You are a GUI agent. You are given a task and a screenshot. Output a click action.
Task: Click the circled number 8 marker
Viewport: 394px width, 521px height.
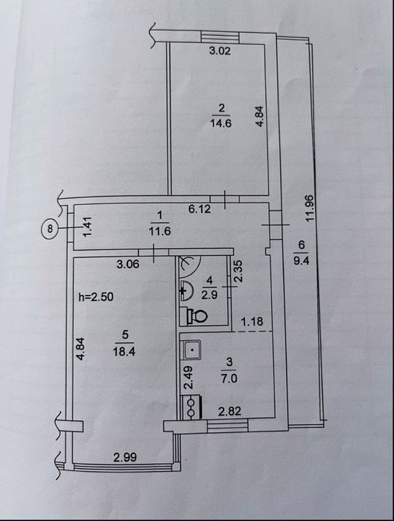pos(50,228)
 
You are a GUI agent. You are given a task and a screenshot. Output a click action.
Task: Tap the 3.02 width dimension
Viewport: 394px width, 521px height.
pos(220,51)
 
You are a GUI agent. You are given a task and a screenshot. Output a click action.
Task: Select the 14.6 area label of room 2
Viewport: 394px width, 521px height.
pos(220,123)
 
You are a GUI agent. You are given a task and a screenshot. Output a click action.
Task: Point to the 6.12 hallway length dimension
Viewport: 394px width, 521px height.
pos(200,209)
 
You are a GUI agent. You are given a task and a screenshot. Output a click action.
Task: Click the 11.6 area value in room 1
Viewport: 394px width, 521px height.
pos(160,231)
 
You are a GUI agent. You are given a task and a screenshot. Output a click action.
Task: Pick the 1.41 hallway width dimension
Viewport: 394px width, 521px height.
pos(87,227)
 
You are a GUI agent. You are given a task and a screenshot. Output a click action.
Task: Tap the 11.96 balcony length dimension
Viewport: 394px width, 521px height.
pos(310,209)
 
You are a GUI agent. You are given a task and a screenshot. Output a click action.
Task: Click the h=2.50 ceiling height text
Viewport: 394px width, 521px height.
pos(96,297)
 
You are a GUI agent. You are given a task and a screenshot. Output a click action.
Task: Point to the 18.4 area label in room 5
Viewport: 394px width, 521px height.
pos(124,351)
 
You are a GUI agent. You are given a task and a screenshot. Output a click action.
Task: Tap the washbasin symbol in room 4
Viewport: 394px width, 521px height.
pos(186,291)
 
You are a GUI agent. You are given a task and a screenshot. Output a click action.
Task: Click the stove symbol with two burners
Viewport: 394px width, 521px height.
pos(191,406)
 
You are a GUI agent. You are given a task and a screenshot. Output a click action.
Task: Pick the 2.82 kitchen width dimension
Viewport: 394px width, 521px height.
pos(229,411)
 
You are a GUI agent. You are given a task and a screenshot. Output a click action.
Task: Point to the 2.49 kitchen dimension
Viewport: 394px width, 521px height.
pos(188,377)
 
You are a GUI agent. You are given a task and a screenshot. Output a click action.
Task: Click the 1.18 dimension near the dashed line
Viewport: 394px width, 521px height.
pos(252,322)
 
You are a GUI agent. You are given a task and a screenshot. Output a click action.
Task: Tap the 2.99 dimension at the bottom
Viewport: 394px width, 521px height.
pos(125,458)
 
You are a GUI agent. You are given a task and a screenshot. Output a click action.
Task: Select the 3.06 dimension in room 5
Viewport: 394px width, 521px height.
pos(128,265)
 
